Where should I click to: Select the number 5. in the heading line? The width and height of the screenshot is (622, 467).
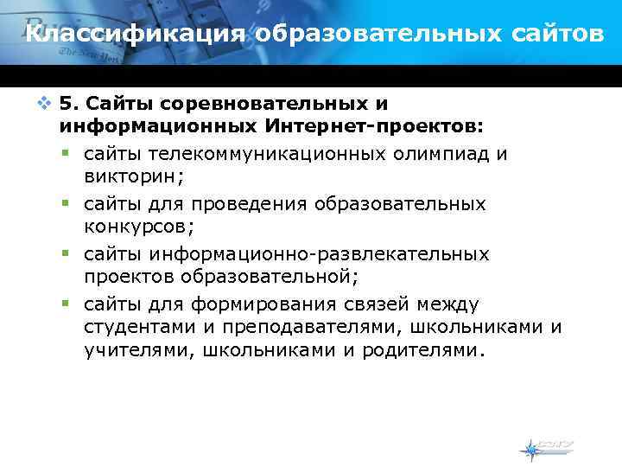(x=70, y=104)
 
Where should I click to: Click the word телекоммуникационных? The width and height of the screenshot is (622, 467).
(x=258, y=154)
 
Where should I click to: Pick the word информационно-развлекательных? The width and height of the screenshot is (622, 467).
(x=319, y=254)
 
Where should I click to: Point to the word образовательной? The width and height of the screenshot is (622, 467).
(x=269, y=277)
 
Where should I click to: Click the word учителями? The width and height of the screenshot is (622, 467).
(x=137, y=349)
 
